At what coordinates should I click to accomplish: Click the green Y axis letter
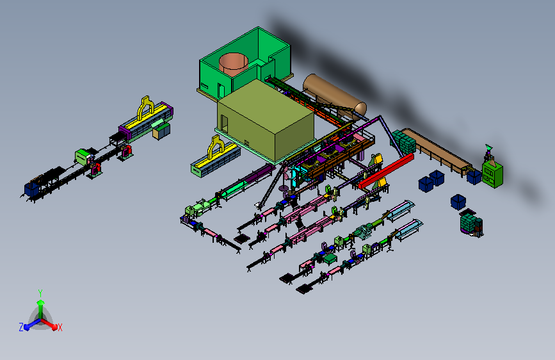point(40,293)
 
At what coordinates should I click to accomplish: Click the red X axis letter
point(60,327)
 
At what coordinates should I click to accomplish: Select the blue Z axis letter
point(21,327)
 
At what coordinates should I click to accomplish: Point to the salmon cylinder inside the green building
point(233,64)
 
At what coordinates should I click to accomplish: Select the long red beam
point(386,171)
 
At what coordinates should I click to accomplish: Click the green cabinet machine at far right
point(492,174)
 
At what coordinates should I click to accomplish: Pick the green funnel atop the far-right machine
point(489,147)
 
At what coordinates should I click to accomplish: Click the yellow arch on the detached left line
point(145,108)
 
